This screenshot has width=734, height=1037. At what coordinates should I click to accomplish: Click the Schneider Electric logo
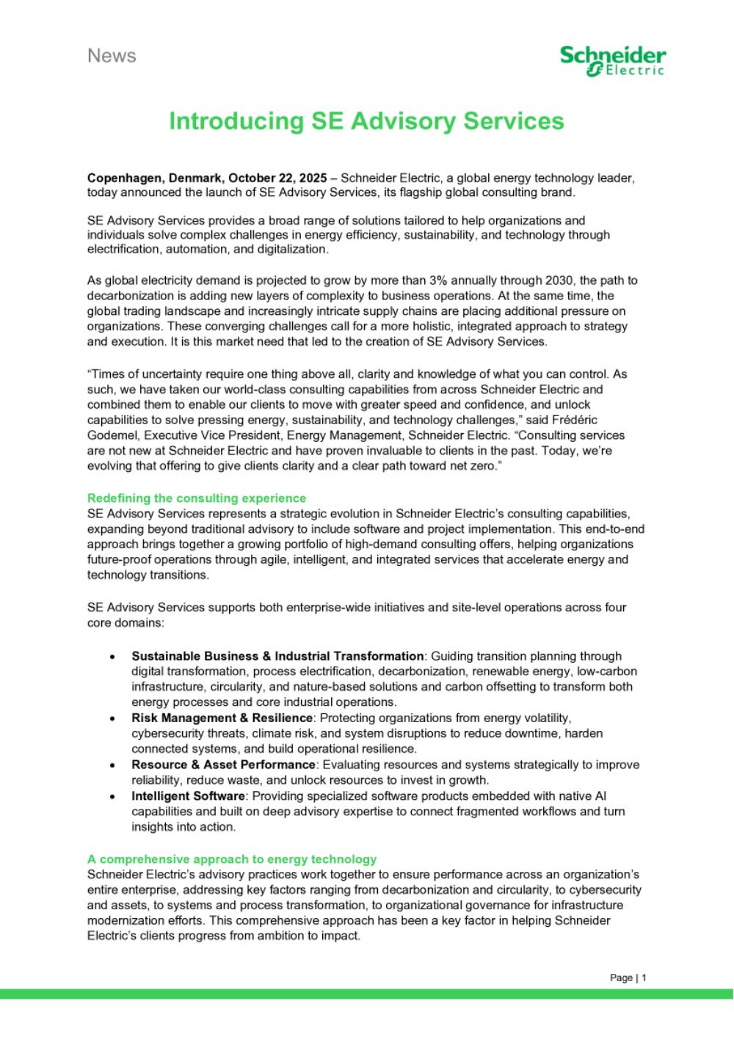pyautogui.click(x=613, y=61)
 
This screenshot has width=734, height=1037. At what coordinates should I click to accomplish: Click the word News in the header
pyautogui.click(x=112, y=56)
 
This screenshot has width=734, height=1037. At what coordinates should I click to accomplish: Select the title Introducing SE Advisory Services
pyautogui.click(x=366, y=121)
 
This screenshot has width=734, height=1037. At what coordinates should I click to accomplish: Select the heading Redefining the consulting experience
pyautogui.click(x=197, y=498)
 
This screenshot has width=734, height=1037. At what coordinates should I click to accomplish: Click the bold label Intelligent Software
pyautogui.click(x=188, y=796)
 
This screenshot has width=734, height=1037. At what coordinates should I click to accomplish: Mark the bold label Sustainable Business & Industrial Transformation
pyautogui.click(x=277, y=656)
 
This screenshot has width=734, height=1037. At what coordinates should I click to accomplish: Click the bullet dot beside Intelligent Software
pyautogui.click(x=112, y=796)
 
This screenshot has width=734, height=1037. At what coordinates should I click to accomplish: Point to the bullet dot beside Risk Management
pyautogui.click(x=112, y=718)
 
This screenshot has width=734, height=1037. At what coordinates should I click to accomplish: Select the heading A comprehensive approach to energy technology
pyautogui.click(x=232, y=859)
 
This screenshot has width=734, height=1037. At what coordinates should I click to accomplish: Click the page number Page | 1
pyautogui.click(x=628, y=978)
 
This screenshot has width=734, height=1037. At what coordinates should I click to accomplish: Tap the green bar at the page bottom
pyautogui.click(x=366, y=994)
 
